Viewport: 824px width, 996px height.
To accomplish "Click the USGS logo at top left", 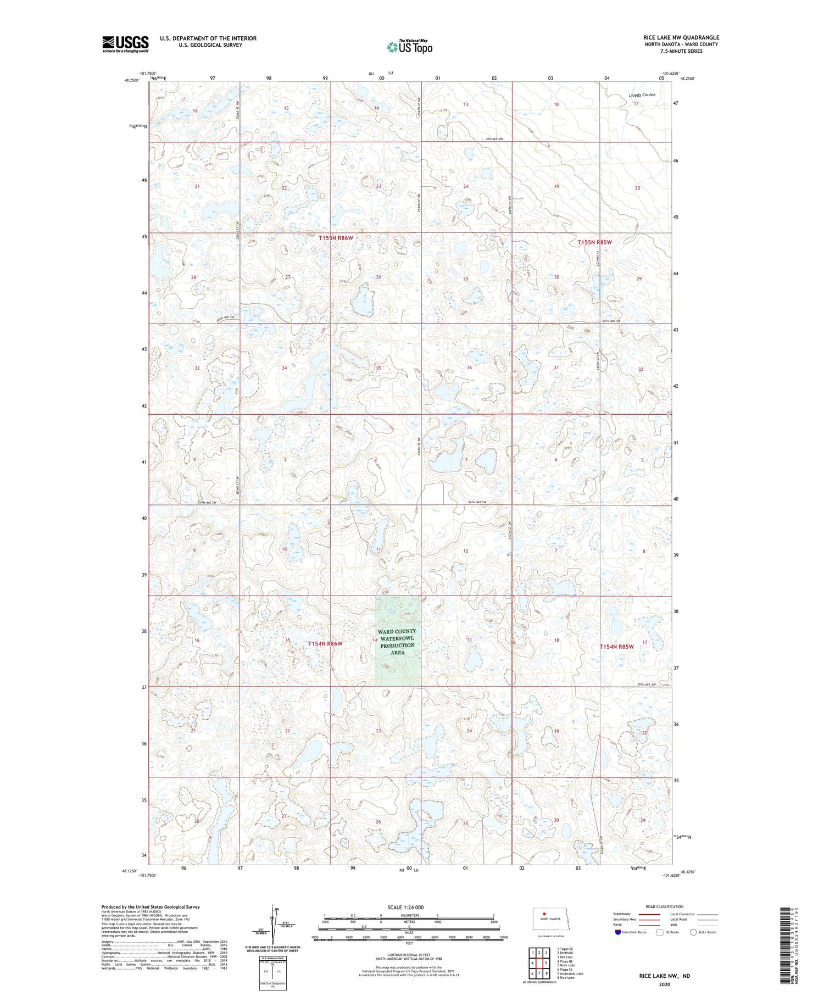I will coord(125,44).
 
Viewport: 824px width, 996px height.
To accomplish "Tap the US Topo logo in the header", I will coord(409,47).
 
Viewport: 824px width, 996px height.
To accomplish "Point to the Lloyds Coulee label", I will coord(642,95).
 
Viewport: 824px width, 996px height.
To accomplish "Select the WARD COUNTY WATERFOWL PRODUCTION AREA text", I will coord(397,642).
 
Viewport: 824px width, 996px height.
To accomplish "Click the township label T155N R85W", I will coord(594,242).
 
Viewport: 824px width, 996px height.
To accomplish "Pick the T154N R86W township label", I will coord(325,643).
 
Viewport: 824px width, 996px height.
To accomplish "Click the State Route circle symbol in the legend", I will coord(693,932).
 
